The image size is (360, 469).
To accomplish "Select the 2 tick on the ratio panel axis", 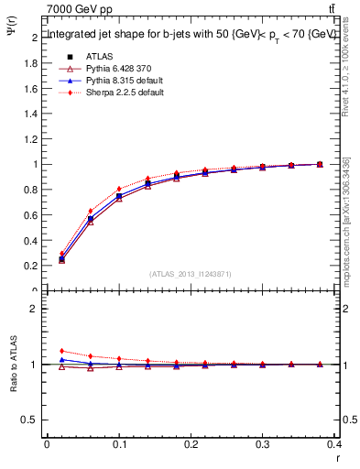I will [33, 309].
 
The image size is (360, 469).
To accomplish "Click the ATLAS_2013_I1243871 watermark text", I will [191, 274].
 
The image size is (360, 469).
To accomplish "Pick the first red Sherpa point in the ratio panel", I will [61, 351].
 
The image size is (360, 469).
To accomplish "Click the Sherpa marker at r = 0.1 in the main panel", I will [119, 190].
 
